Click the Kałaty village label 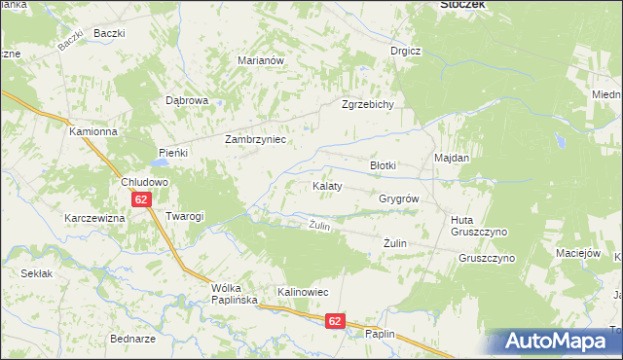coord(326,185)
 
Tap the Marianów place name coord(260,60)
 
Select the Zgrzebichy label coord(367,105)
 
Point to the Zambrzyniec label coord(255,139)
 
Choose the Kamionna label coord(92,130)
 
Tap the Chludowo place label coord(145,182)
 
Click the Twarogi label coord(184,216)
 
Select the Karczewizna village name coord(94,218)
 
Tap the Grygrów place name coord(398,198)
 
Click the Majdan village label coord(452,158)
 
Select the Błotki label coord(383,165)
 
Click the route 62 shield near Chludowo coord(142,199)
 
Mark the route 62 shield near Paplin coord(335,320)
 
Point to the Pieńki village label coord(172,153)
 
